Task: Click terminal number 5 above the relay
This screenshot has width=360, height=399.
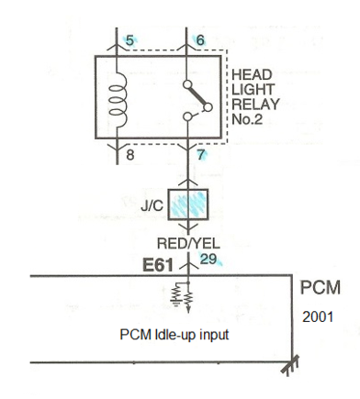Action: click(x=130, y=40)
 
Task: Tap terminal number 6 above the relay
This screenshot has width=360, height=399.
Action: click(x=200, y=40)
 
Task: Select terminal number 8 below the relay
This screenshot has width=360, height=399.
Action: click(x=130, y=155)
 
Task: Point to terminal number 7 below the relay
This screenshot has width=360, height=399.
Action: click(x=200, y=155)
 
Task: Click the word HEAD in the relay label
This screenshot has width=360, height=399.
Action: click(x=252, y=75)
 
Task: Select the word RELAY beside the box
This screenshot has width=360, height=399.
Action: click(x=255, y=105)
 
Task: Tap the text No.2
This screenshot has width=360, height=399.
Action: click(x=247, y=119)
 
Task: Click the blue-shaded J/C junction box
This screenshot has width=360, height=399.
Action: click(x=188, y=205)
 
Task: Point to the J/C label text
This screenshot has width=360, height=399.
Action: click(x=152, y=206)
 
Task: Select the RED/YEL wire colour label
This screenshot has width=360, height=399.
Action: click(x=188, y=244)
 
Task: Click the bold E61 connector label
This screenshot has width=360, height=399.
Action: click(x=158, y=265)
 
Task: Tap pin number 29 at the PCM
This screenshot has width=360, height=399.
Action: click(x=208, y=260)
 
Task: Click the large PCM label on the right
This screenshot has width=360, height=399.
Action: click(x=321, y=288)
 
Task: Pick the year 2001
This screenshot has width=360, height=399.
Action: click(x=318, y=316)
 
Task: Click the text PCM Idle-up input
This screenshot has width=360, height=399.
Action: click(x=174, y=335)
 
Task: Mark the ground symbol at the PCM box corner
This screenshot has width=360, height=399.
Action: click(x=290, y=366)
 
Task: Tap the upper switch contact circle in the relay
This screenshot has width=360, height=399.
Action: click(x=187, y=84)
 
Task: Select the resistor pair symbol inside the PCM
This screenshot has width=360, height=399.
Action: click(x=182, y=297)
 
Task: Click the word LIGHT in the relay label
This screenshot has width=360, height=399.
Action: click(x=253, y=90)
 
